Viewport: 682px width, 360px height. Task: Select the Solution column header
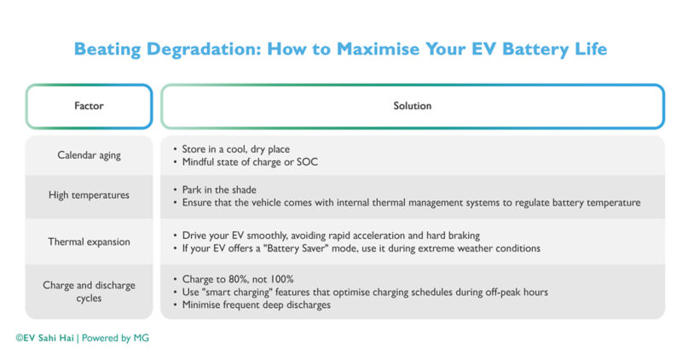[412, 107]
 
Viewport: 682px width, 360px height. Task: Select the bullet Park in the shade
[220, 189]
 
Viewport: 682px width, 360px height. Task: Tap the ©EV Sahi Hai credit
[44, 338]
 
